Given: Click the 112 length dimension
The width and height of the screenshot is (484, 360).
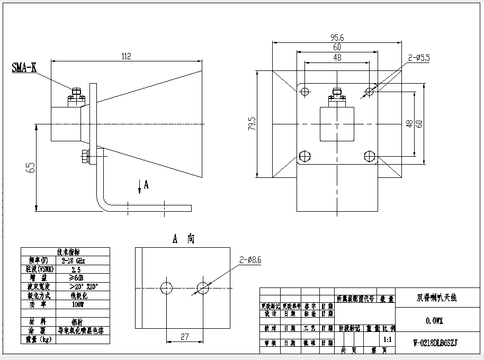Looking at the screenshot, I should pyautogui.click(x=126, y=56).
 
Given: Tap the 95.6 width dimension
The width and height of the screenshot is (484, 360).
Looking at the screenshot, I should pyautogui.click(x=337, y=37).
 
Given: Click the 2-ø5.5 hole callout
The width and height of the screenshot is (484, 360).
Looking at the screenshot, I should pyautogui.click(x=419, y=57).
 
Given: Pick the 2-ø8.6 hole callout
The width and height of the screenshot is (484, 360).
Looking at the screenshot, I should pyautogui.click(x=250, y=260).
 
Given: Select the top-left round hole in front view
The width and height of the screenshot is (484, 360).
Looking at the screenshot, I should pyautogui.click(x=304, y=92).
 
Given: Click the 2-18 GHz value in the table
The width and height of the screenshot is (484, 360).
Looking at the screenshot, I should pyautogui.click(x=73, y=260).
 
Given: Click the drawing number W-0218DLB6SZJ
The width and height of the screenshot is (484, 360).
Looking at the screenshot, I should pyautogui.click(x=434, y=343).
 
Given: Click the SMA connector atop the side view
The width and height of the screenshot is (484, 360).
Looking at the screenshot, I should pyautogui.click(x=76, y=94).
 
